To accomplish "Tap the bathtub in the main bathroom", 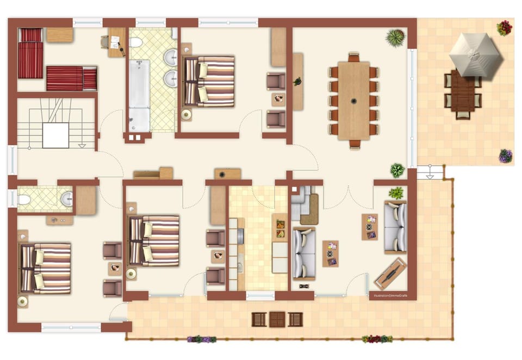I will pos(139,95).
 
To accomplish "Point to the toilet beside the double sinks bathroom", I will pos(135,42).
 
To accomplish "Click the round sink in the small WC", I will pos(66,199).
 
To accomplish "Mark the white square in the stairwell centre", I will pos(55,135).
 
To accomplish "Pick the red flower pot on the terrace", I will pos(505,27).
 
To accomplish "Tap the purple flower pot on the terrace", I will pos(506,156).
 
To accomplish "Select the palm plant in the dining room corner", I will pos(395,38).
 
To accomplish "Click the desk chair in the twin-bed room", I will pos(105,42).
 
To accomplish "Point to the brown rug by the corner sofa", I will pos(309,217).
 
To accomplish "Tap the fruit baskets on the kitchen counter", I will pos(280,228).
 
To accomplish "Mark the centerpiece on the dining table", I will pos(353,101).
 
